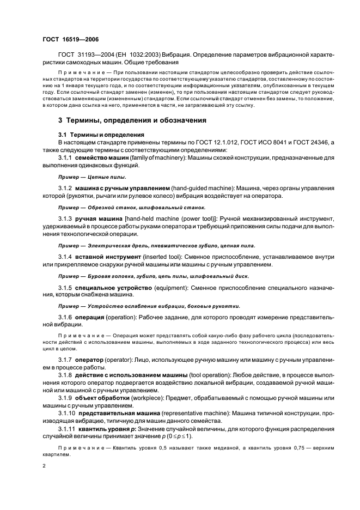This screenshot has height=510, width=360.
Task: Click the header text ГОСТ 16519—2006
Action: tap(71, 40)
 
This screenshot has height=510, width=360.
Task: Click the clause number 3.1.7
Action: tap(65, 361)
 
